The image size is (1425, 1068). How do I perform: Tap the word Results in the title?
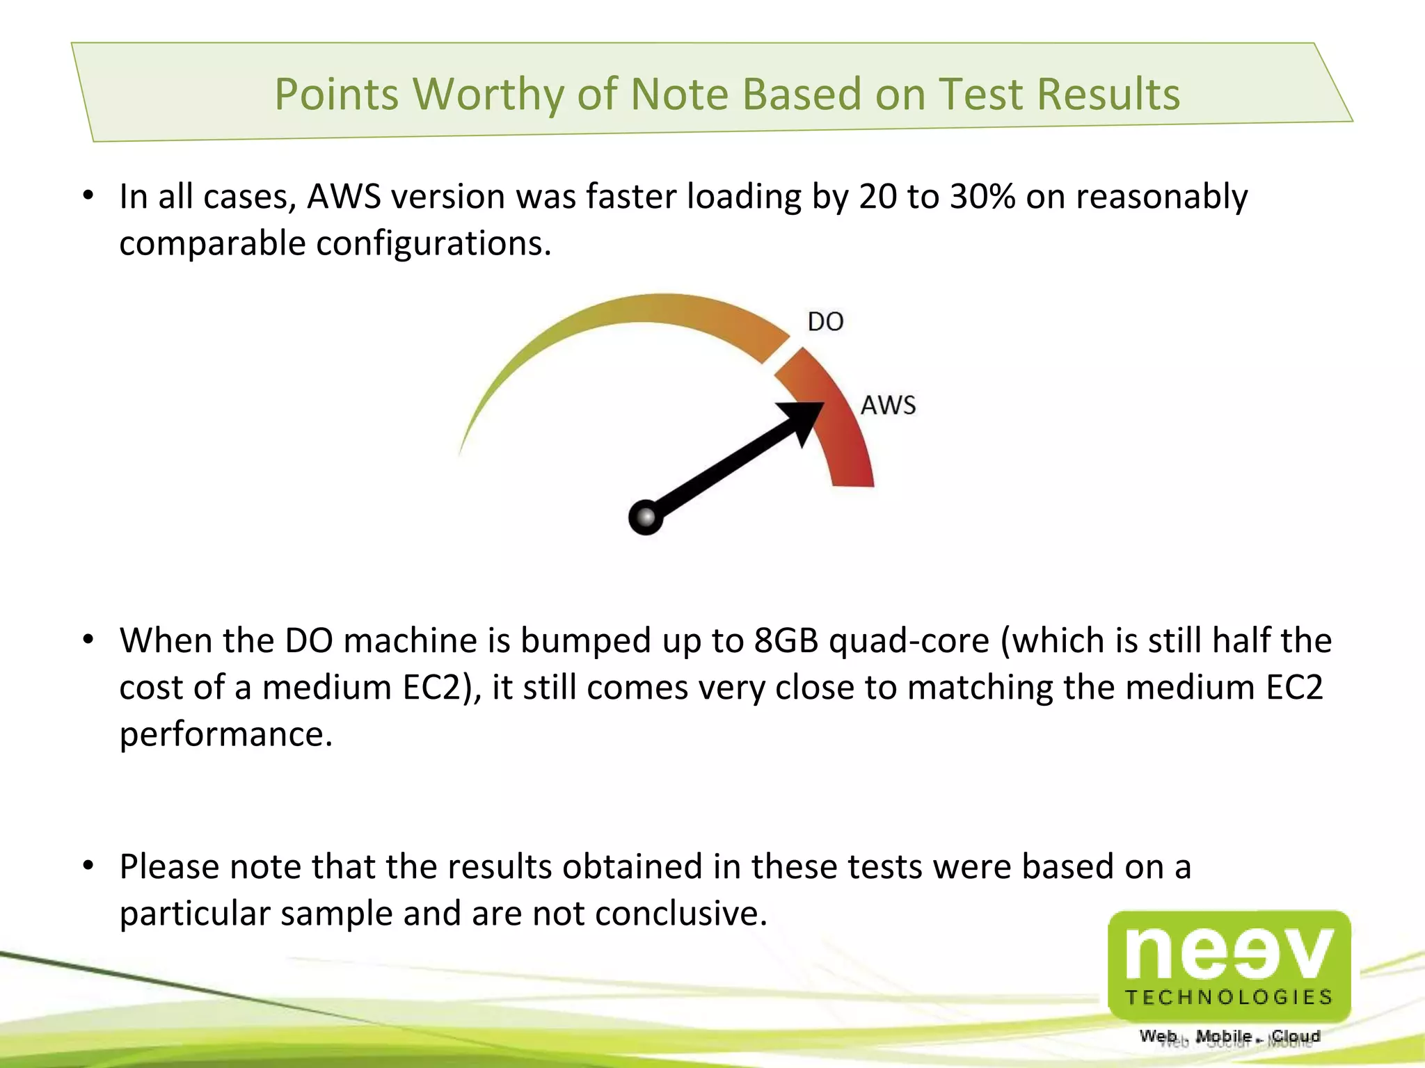tap(1108, 94)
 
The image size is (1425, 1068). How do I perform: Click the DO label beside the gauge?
tap(825, 322)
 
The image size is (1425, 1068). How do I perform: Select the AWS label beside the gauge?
tap(888, 405)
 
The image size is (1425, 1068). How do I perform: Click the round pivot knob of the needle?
tap(645, 517)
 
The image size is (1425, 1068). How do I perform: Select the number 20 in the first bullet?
tap(878, 197)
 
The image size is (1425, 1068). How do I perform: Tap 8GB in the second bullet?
tap(786, 640)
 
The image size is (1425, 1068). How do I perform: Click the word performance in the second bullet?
tap(225, 734)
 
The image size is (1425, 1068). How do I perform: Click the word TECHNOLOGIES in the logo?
tap(1229, 997)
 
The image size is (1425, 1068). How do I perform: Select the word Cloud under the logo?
tap(1296, 1036)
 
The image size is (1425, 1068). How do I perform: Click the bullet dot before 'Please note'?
tap(88, 866)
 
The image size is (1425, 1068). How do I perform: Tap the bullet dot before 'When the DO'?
tap(88, 640)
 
